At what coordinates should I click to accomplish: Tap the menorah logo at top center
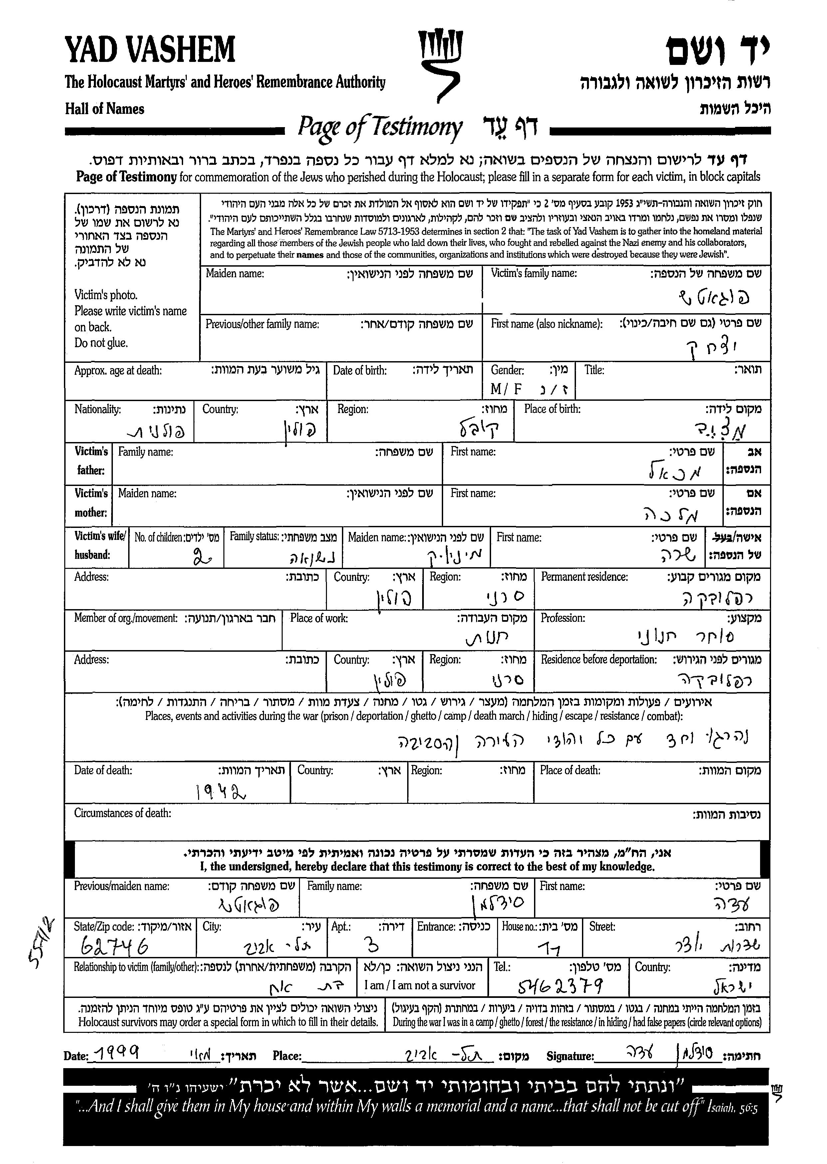(440, 64)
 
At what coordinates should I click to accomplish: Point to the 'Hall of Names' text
(105, 109)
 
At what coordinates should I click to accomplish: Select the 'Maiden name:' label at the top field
(235, 273)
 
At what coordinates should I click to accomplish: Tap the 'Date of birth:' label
(360, 370)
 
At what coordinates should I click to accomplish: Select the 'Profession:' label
(563, 618)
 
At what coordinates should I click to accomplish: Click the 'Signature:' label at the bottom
(570, 1056)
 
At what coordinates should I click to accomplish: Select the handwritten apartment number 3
(372, 946)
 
